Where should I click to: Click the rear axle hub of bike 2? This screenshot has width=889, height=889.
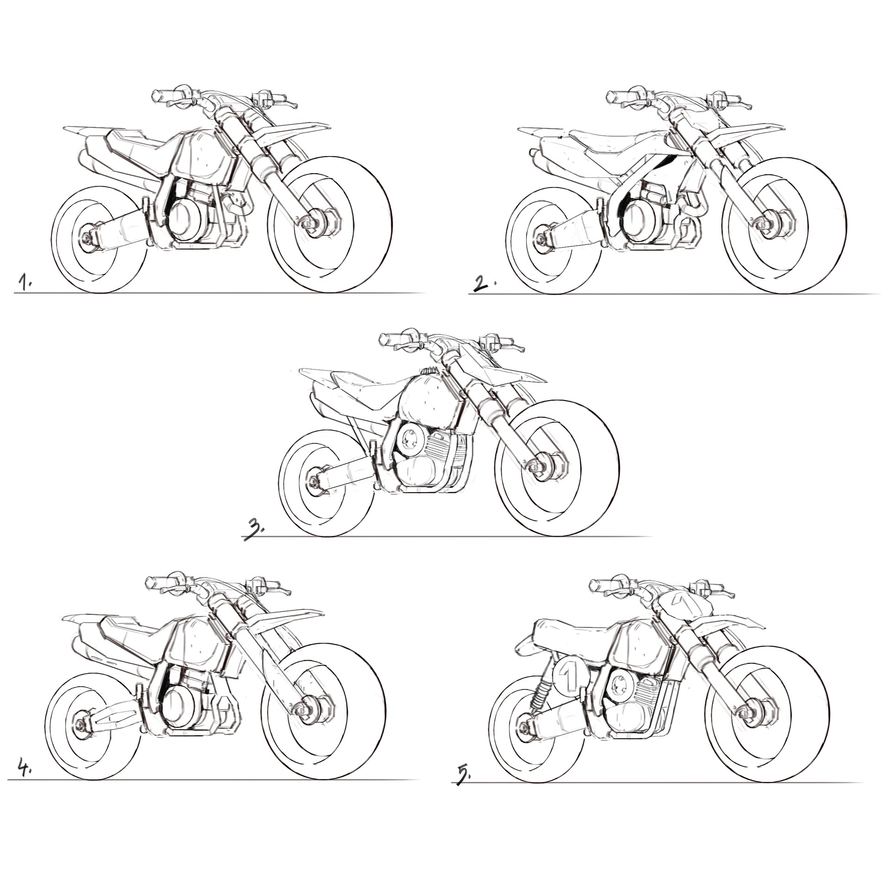click(x=541, y=239)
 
